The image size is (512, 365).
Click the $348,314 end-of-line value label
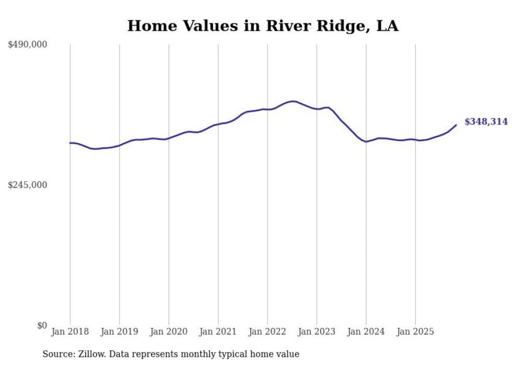[x=485, y=122]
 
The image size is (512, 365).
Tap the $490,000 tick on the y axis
[x=28, y=45]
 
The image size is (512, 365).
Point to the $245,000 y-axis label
[x=28, y=185]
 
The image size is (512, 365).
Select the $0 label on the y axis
[x=42, y=325]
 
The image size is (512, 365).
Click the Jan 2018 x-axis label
[x=70, y=332]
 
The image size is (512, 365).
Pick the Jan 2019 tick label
[x=119, y=332]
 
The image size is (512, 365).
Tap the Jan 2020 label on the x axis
[x=169, y=332]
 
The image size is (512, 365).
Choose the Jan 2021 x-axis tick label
[x=218, y=332]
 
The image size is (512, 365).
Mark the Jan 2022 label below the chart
[x=267, y=332]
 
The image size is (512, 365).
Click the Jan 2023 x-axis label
[x=317, y=332]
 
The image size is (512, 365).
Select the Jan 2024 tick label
[x=366, y=332]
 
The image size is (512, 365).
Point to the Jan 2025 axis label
[x=415, y=332]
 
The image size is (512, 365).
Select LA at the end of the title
[x=387, y=26]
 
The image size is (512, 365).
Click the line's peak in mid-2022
[x=293, y=101]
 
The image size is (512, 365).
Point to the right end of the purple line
[x=456, y=125]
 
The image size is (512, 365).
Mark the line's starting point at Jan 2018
[x=70, y=143]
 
